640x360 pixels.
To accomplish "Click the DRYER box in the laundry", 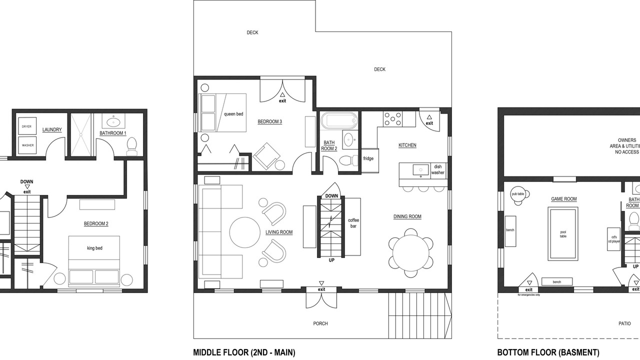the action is point(27,126).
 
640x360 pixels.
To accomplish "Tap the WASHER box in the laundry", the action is point(27,145).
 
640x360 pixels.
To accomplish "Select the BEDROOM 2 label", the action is point(96,223).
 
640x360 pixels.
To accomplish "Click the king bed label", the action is point(94,248).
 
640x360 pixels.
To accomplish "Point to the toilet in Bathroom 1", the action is point(131,146).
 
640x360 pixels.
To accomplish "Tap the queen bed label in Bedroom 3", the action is point(233,114).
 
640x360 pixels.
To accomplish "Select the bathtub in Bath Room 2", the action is point(339,120).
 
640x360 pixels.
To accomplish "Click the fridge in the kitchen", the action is point(370,160).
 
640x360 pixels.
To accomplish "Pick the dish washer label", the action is point(437,169).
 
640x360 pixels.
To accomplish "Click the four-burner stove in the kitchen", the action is point(392,119).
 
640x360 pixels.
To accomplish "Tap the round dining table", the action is point(411,253).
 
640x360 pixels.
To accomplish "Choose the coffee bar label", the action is point(353,223).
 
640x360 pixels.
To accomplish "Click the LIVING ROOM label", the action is point(279,232).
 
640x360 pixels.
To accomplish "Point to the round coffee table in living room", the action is point(245,232).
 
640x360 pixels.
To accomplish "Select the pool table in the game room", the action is point(563,233).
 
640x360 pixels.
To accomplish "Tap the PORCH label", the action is point(320,323).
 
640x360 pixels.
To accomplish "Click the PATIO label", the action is point(624,323).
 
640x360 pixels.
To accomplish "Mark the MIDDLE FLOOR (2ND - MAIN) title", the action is point(244,352).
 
